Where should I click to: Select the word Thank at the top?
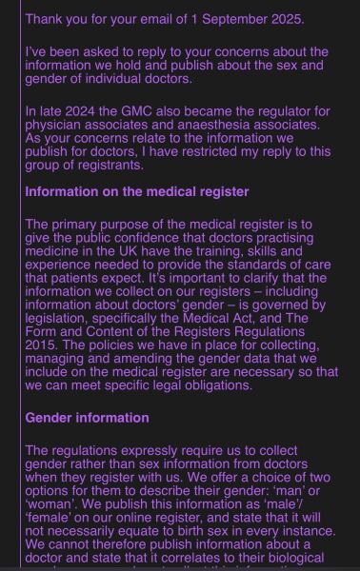[46, 19]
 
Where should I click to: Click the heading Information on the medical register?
[137, 191]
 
